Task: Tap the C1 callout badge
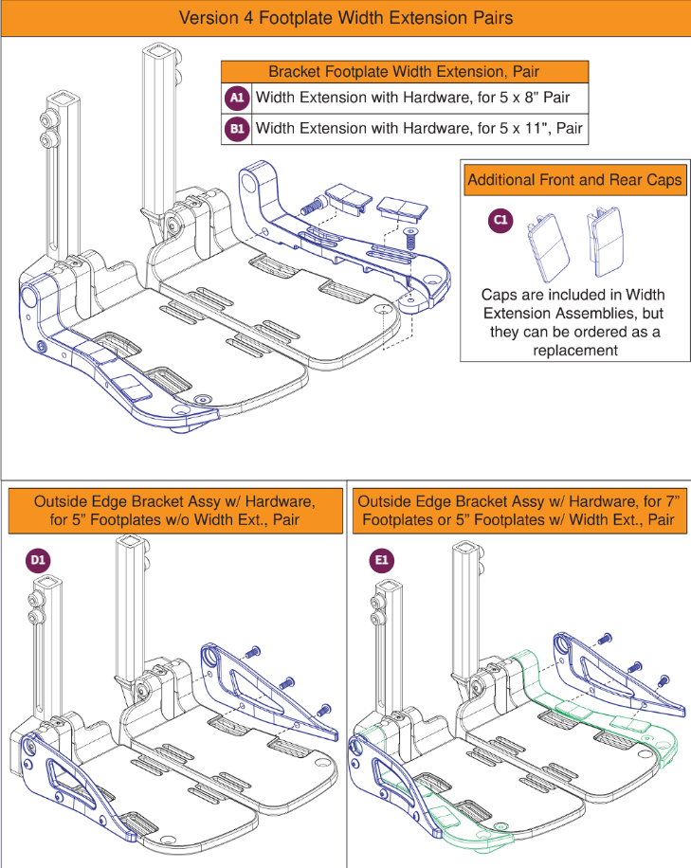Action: click(x=500, y=220)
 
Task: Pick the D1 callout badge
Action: click(x=38, y=562)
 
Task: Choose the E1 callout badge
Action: click(x=381, y=562)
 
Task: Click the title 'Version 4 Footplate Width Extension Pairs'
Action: click(x=345, y=18)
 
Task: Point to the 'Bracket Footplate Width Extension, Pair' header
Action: click(x=405, y=72)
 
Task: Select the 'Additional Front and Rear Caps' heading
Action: click(x=574, y=180)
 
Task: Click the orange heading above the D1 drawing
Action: click(x=174, y=510)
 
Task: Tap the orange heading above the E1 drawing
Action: click(x=518, y=510)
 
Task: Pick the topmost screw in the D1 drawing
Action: click(x=252, y=653)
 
